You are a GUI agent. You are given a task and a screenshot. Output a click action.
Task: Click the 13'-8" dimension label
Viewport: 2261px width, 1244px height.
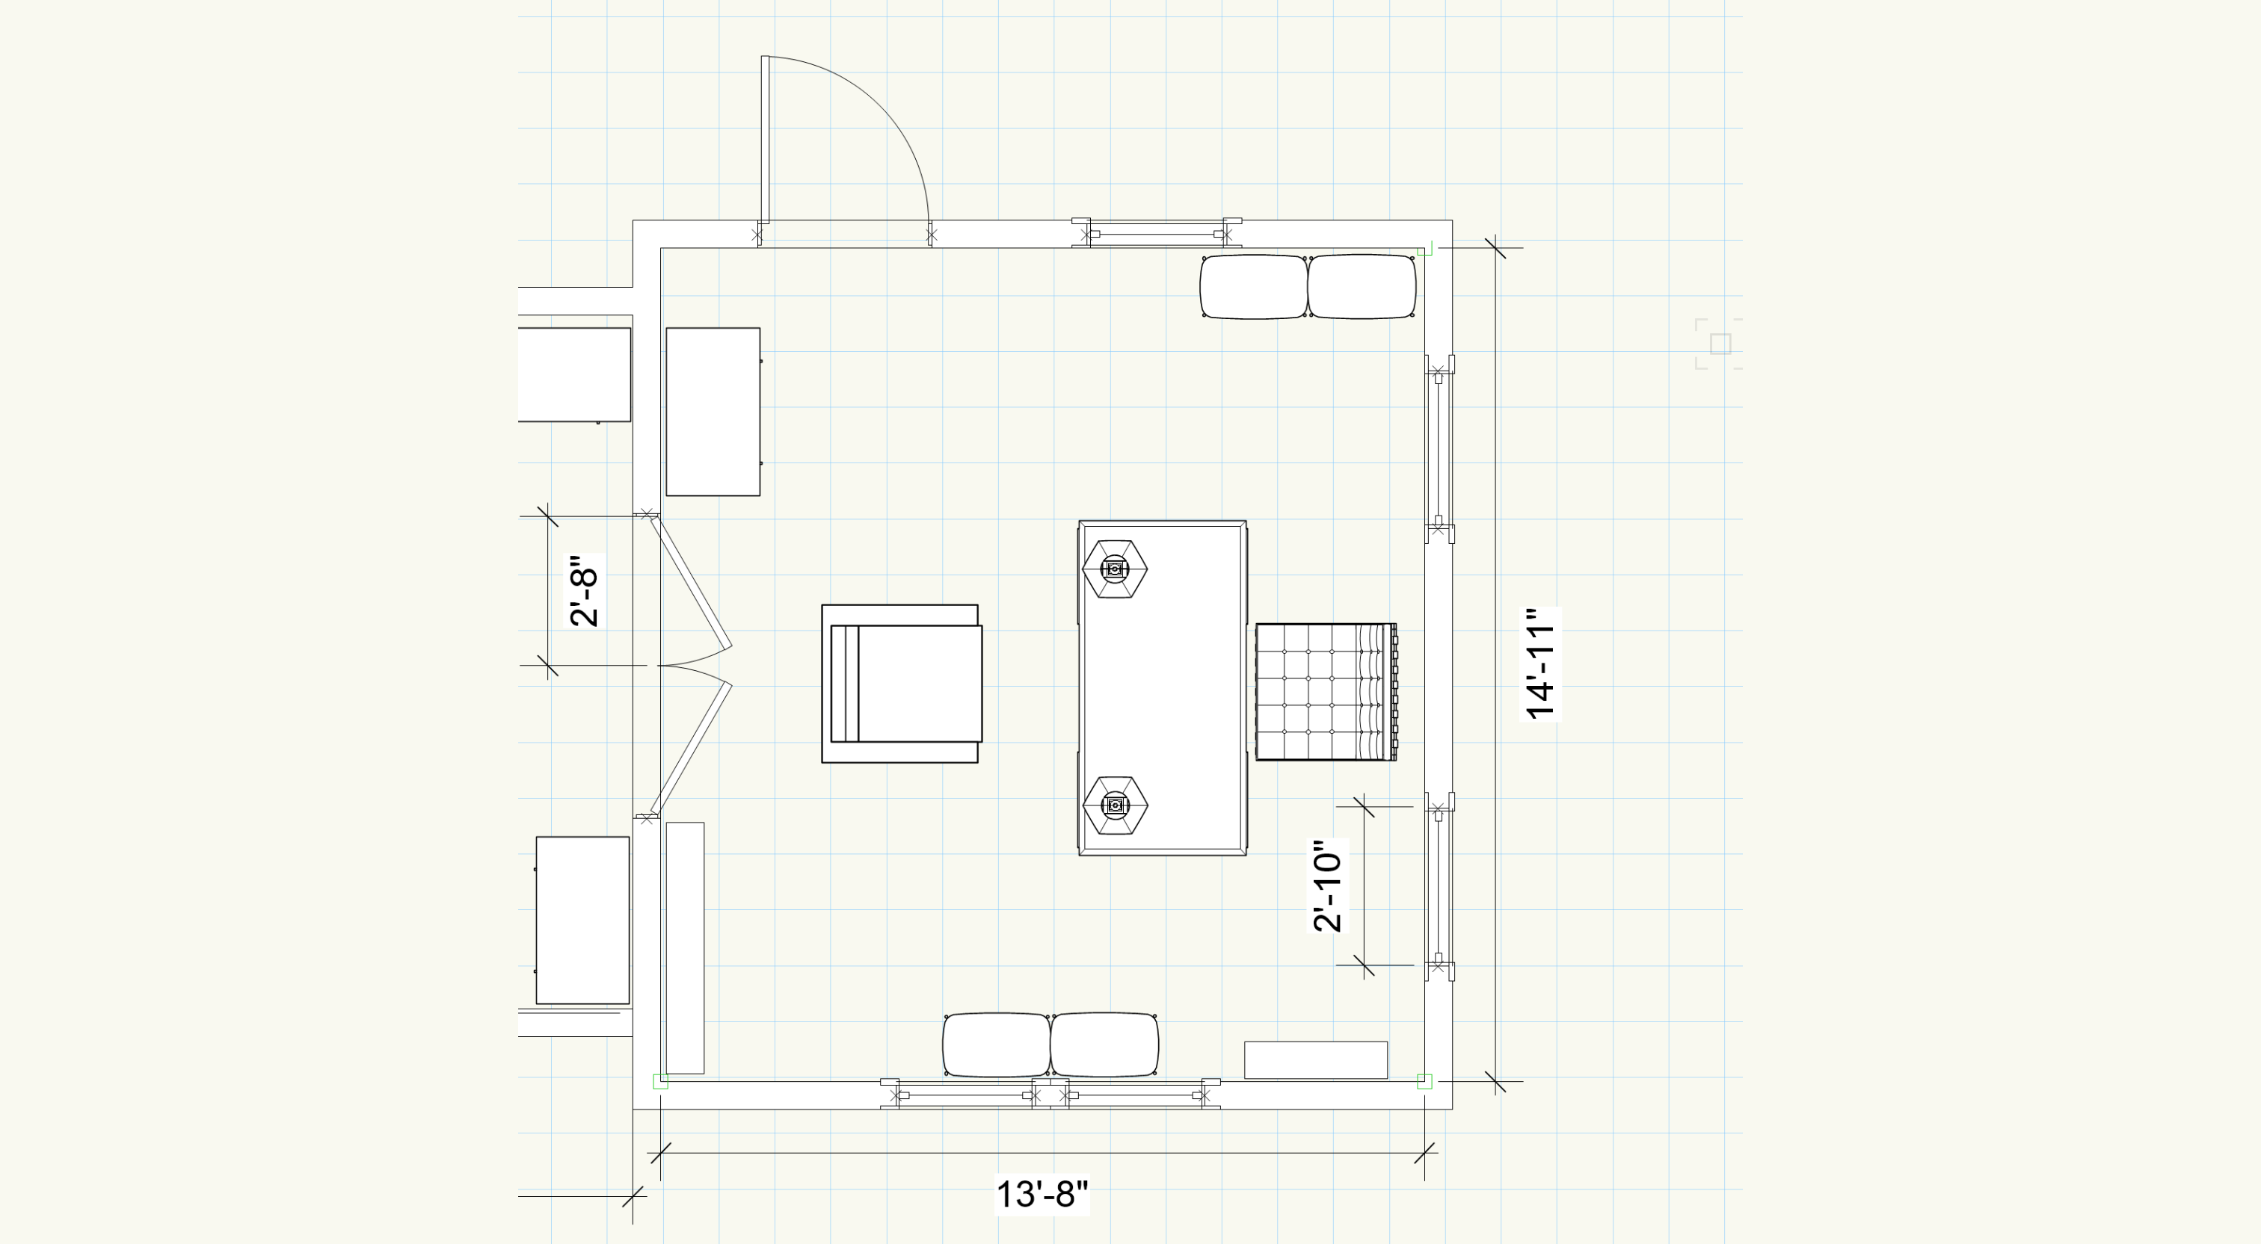point(1042,1194)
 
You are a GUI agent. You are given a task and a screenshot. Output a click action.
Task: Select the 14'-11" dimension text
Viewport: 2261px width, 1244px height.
point(1541,663)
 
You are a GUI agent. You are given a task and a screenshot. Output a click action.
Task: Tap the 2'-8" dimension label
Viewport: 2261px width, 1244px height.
point(585,590)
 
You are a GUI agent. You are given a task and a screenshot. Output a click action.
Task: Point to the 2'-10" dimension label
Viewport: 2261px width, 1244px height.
point(1328,885)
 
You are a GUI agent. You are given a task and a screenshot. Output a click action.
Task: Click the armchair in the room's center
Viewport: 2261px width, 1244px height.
point(902,684)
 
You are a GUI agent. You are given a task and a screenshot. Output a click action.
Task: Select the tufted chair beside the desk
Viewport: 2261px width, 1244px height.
point(1326,692)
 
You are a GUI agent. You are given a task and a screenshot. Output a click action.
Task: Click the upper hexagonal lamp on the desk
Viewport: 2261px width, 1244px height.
point(1115,569)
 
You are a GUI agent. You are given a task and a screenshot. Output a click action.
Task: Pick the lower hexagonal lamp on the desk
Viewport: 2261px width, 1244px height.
point(1115,805)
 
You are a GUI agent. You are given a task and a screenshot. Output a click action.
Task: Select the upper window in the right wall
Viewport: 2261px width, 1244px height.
point(1439,449)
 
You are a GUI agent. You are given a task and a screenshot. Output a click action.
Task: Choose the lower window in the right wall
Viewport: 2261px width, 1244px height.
point(1439,886)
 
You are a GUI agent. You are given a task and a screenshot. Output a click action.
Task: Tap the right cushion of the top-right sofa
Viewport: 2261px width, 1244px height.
point(1362,287)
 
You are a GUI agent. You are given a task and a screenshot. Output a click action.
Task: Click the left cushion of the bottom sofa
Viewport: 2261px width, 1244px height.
point(996,1045)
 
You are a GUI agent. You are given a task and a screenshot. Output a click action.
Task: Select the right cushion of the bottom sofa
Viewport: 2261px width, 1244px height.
point(1105,1045)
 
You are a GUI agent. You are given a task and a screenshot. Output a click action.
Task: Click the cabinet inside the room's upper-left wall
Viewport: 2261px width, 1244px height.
point(713,412)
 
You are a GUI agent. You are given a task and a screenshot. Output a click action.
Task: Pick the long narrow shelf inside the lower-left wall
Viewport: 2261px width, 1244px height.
point(685,947)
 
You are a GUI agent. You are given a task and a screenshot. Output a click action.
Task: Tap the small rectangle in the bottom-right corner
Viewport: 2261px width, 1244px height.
point(1316,1059)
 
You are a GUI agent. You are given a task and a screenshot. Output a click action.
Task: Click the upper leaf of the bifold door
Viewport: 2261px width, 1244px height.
point(691,583)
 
